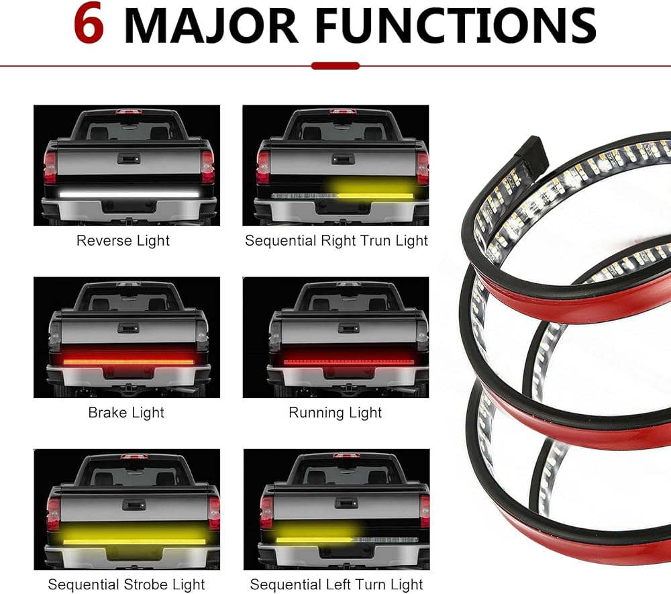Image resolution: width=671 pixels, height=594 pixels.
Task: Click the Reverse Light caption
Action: coord(123,240)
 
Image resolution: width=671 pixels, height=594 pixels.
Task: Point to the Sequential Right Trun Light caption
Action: coord(336,240)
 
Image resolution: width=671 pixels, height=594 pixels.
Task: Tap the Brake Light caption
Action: coord(126,413)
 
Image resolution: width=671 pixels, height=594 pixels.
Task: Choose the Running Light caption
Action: coord(335,413)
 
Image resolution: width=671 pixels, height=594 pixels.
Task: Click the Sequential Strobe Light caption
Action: coord(126,585)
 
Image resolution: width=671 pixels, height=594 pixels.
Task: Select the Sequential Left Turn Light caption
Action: coord(336,585)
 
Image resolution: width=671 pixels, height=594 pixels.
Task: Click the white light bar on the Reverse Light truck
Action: coord(129,193)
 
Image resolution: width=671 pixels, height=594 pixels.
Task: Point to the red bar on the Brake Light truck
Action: coord(128,361)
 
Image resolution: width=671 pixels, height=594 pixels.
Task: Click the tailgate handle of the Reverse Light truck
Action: coord(127,158)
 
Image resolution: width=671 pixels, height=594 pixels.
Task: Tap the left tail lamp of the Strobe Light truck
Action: coord(53,513)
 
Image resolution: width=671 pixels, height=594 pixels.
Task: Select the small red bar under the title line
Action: coord(335,66)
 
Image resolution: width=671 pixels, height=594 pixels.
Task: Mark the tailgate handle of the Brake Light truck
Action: coord(127,328)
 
